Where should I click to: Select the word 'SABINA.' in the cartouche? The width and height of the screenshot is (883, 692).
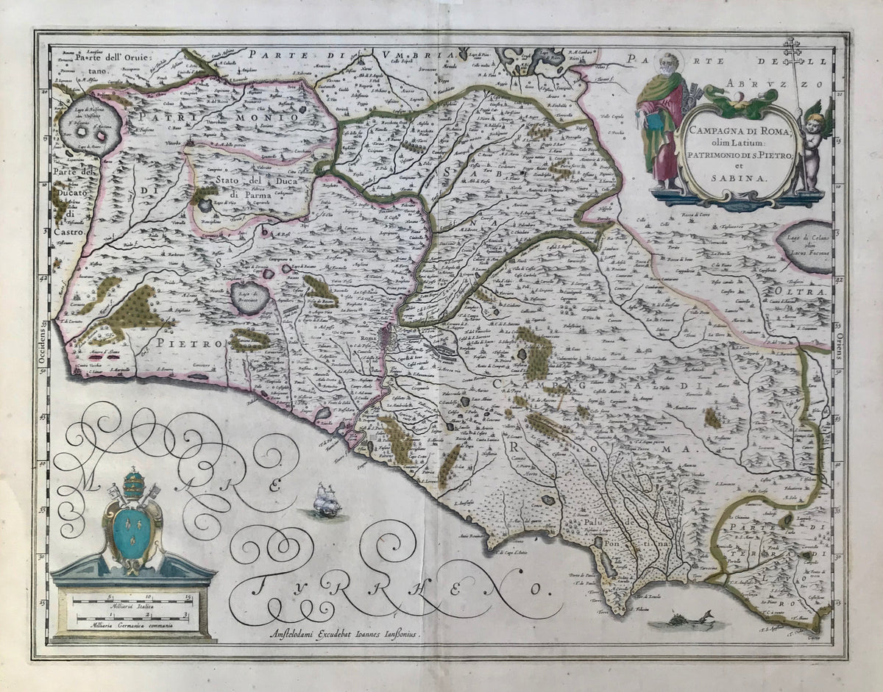point(738,177)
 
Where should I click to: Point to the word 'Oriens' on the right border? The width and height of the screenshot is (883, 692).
point(840,345)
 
